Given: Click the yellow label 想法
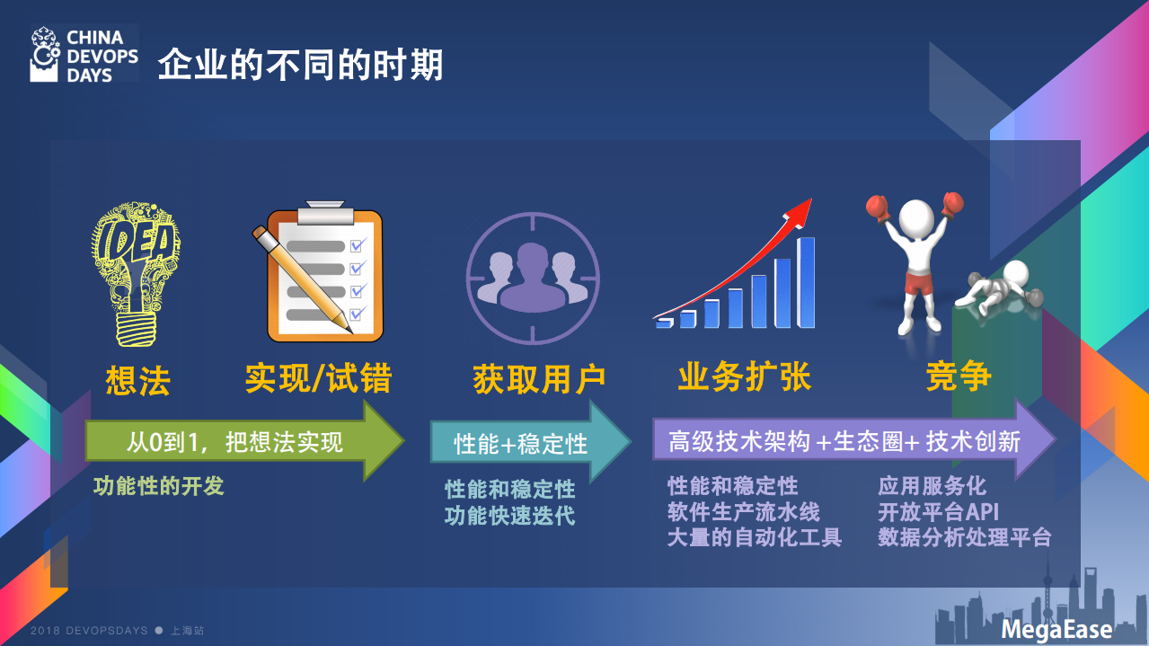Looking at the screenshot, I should point(137,380).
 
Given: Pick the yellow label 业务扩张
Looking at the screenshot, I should point(744,377).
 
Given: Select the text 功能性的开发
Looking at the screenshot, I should point(159,486).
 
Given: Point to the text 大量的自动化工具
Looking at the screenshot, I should point(754,538).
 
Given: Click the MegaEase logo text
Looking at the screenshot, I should point(1056,629).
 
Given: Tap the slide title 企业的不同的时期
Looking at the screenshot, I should point(301,66).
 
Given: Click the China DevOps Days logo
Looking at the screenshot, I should point(84,55).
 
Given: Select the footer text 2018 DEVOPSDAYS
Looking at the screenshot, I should point(89,631).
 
